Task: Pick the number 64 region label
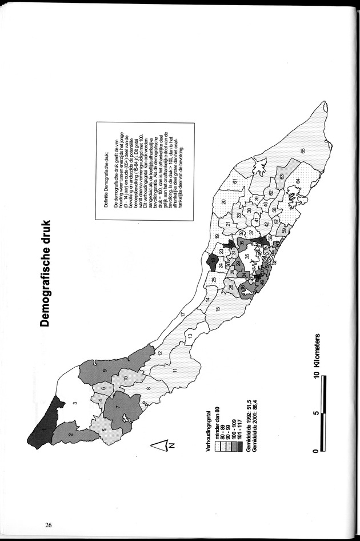(x=298, y=181)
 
